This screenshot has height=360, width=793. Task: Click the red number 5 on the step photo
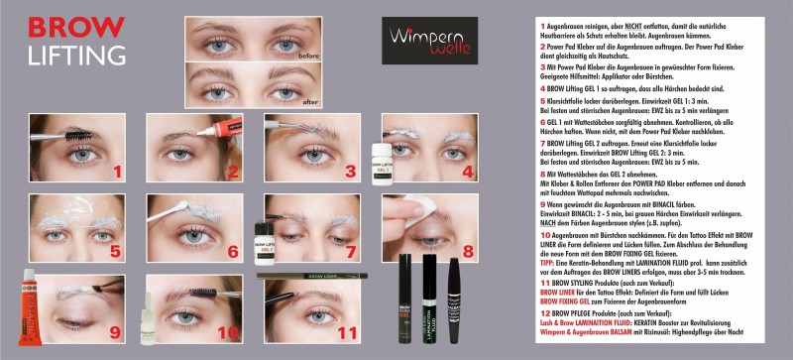116,251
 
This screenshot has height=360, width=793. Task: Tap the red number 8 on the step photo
469,251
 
